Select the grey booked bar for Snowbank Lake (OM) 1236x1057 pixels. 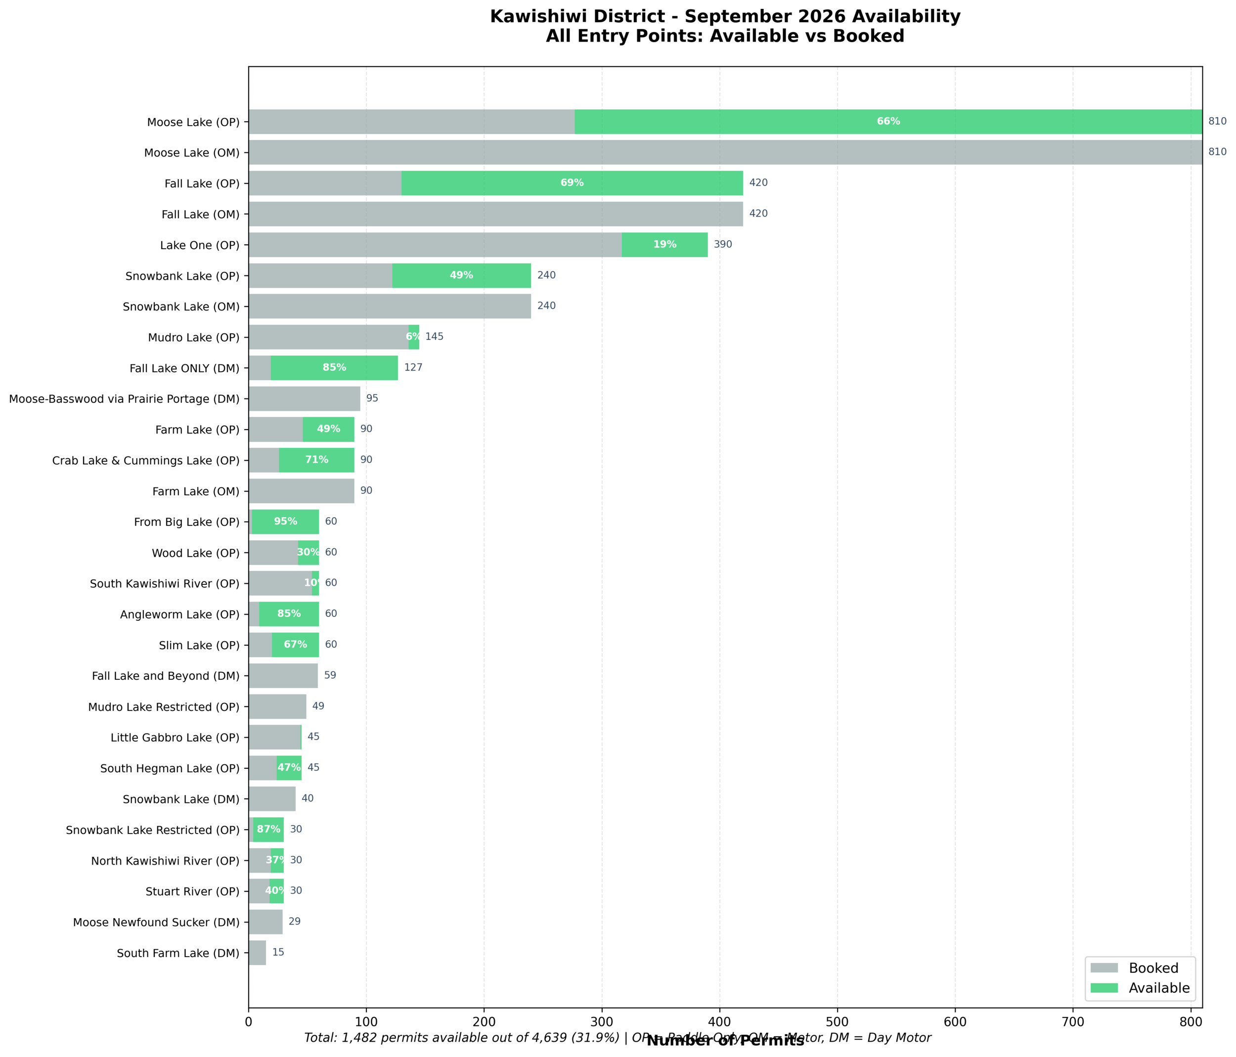390,306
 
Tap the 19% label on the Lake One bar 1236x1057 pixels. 664,245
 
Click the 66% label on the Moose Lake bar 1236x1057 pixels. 888,122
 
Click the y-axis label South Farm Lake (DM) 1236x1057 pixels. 178,953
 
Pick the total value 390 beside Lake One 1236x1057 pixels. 723,245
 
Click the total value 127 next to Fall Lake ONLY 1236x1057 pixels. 413,367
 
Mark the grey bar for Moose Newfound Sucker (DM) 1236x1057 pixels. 265,922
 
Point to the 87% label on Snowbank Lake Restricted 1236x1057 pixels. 268,829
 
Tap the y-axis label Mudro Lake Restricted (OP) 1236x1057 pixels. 164,707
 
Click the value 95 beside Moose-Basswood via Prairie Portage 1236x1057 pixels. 372,398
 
